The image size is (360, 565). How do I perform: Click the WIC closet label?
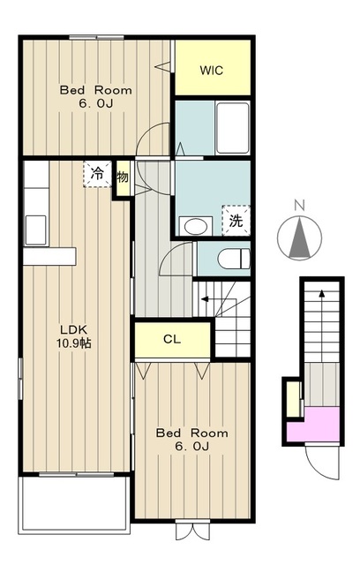point(212,71)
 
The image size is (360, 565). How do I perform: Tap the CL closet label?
point(172,339)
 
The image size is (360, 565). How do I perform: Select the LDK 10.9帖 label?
point(73,336)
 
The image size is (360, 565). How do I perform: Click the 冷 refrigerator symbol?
point(97,174)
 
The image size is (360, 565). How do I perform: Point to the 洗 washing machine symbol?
point(236,221)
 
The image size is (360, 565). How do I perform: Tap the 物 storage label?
point(123,177)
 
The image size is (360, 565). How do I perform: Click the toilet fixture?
point(234,259)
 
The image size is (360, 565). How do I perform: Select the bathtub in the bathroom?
point(233,128)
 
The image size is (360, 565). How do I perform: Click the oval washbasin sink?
point(196,227)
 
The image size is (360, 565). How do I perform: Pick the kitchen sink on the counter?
point(35,230)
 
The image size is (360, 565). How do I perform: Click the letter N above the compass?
point(299,206)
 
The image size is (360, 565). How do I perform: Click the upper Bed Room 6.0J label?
point(96,96)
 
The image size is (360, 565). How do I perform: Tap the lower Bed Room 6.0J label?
point(191,440)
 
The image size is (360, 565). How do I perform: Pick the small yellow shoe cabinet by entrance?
point(294,399)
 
